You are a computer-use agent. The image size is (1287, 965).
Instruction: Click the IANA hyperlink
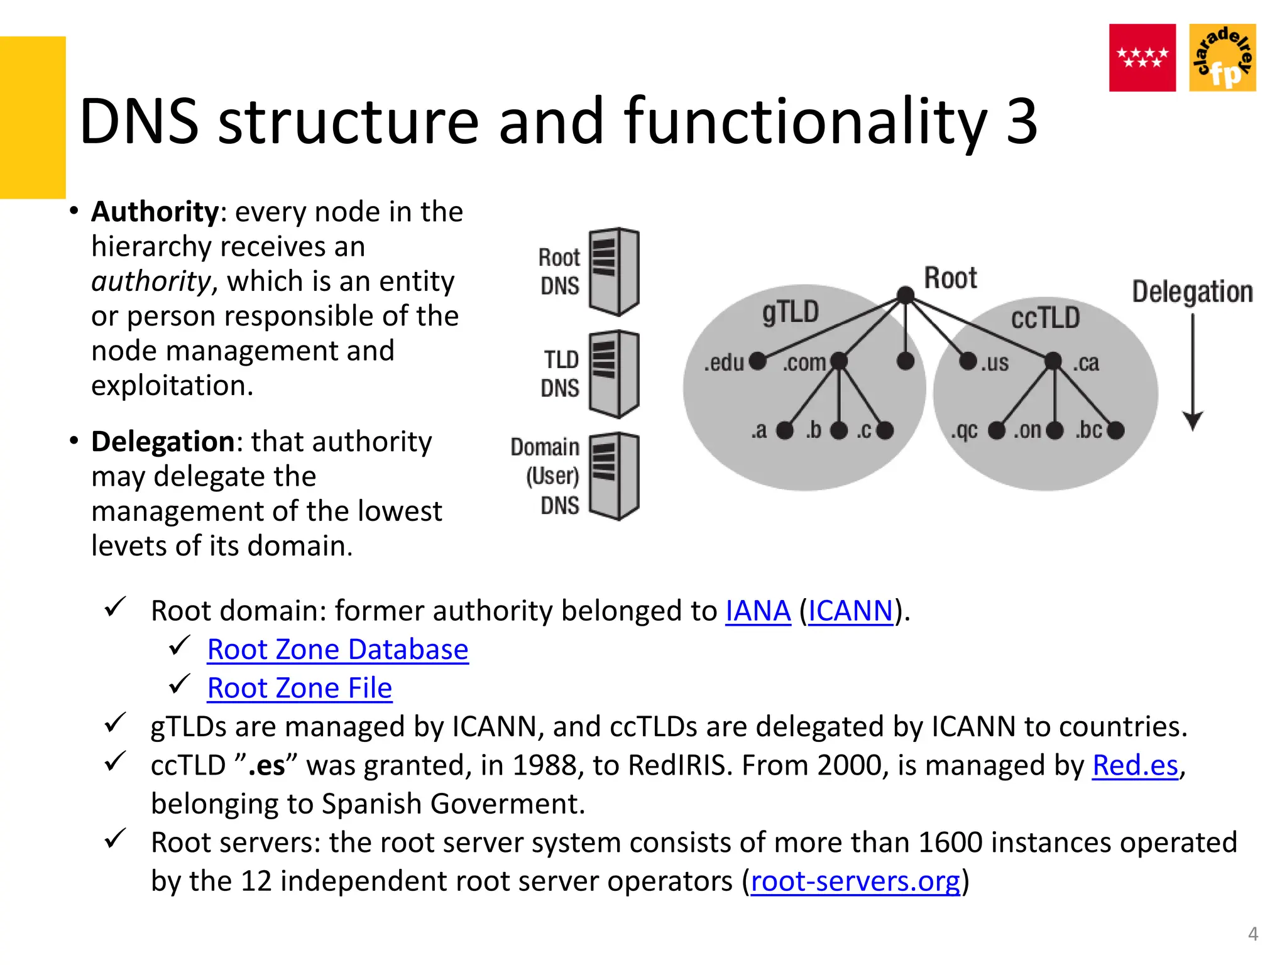(757, 611)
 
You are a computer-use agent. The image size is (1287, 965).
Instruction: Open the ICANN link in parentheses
(850, 611)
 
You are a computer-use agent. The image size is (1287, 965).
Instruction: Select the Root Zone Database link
(337, 650)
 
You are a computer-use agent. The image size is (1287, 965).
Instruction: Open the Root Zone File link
(300, 688)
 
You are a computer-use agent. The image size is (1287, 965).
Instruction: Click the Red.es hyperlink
(1135, 765)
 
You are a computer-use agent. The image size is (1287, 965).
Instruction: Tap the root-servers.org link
(855, 881)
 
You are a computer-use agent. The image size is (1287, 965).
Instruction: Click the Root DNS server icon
(614, 271)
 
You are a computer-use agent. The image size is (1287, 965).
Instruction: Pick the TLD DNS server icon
(614, 374)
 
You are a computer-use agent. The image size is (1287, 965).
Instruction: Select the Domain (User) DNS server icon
(614, 476)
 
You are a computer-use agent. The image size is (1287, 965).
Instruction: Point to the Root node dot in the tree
(906, 295)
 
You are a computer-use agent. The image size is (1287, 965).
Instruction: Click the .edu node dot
(758, 361)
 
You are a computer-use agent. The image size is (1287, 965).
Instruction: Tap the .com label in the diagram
(804, 363)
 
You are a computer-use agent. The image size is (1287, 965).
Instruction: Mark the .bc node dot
(1115, 430)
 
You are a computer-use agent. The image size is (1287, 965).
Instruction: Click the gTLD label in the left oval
(791, 312)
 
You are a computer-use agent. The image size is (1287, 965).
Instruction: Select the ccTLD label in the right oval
(1045, 318)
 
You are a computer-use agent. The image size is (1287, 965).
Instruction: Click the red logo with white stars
(1142, 58)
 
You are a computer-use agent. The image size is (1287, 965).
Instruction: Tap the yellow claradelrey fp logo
(1222, 58)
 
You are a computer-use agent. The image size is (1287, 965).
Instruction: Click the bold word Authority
(155, 212)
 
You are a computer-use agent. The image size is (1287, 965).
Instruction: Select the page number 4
(1252, 934)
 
